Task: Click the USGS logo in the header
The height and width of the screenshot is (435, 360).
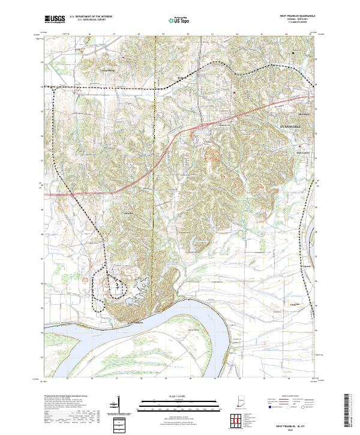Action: coord(55,19)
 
